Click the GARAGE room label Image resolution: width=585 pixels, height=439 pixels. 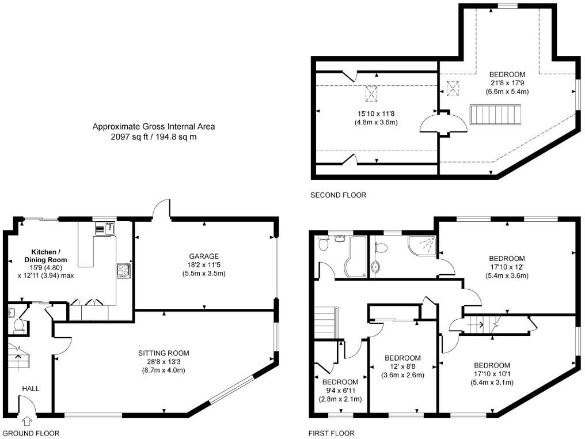(204, 256)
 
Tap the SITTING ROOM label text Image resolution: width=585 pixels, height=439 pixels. (164, 353)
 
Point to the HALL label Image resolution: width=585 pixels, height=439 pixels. (31, 389)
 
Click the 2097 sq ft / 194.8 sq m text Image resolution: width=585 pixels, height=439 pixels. (149, 137)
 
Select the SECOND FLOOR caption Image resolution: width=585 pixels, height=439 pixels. (338, 195)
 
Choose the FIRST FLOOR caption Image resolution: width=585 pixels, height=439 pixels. (332, 433)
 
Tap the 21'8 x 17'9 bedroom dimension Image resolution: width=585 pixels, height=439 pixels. (507, 83)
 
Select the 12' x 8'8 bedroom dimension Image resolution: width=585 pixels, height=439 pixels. (402, 366)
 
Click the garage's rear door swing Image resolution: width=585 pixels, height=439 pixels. (164, 209)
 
